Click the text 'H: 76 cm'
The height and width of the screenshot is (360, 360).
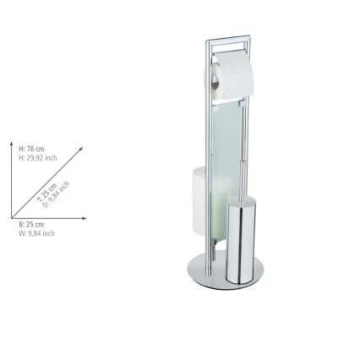click(32, 149)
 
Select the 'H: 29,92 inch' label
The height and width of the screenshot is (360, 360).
click(38, 157)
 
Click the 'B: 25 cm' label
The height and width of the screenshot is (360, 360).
click(32, 225)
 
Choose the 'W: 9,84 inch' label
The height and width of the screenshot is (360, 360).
click(37, 233)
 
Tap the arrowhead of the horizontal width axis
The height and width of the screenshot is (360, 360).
click(87, 218)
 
